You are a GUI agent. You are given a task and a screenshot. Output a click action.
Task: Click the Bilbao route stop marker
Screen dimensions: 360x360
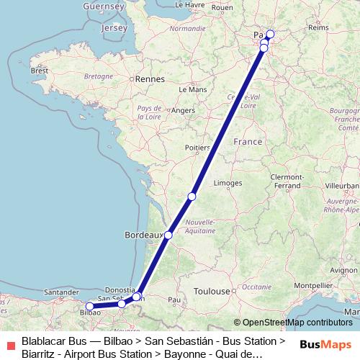(89, 306)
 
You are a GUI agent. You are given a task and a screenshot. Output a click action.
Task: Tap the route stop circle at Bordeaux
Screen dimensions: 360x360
(168, 235)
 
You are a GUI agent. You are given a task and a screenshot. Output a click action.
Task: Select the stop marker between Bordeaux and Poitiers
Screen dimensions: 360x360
(192, 197)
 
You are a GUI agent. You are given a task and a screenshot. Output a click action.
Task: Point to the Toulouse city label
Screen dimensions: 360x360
(212, 292)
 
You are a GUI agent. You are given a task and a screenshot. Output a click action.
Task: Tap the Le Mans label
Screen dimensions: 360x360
(193, 90)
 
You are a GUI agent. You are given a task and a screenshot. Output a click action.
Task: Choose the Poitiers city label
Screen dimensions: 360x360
(198, 148)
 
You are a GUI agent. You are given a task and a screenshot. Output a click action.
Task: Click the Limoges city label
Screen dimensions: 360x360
(228, 183)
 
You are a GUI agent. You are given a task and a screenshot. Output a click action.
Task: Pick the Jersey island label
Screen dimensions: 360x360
(114, 27)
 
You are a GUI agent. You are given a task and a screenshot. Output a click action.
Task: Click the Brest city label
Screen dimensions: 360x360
(38, 71)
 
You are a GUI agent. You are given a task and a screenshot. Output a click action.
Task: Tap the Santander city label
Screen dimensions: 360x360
(60, 293)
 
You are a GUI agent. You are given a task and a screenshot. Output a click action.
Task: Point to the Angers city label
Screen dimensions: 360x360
(184, 110)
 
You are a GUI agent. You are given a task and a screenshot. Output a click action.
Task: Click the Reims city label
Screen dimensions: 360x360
(318, 27)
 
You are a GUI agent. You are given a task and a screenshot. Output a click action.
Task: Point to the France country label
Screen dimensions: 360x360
(248, 142)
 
